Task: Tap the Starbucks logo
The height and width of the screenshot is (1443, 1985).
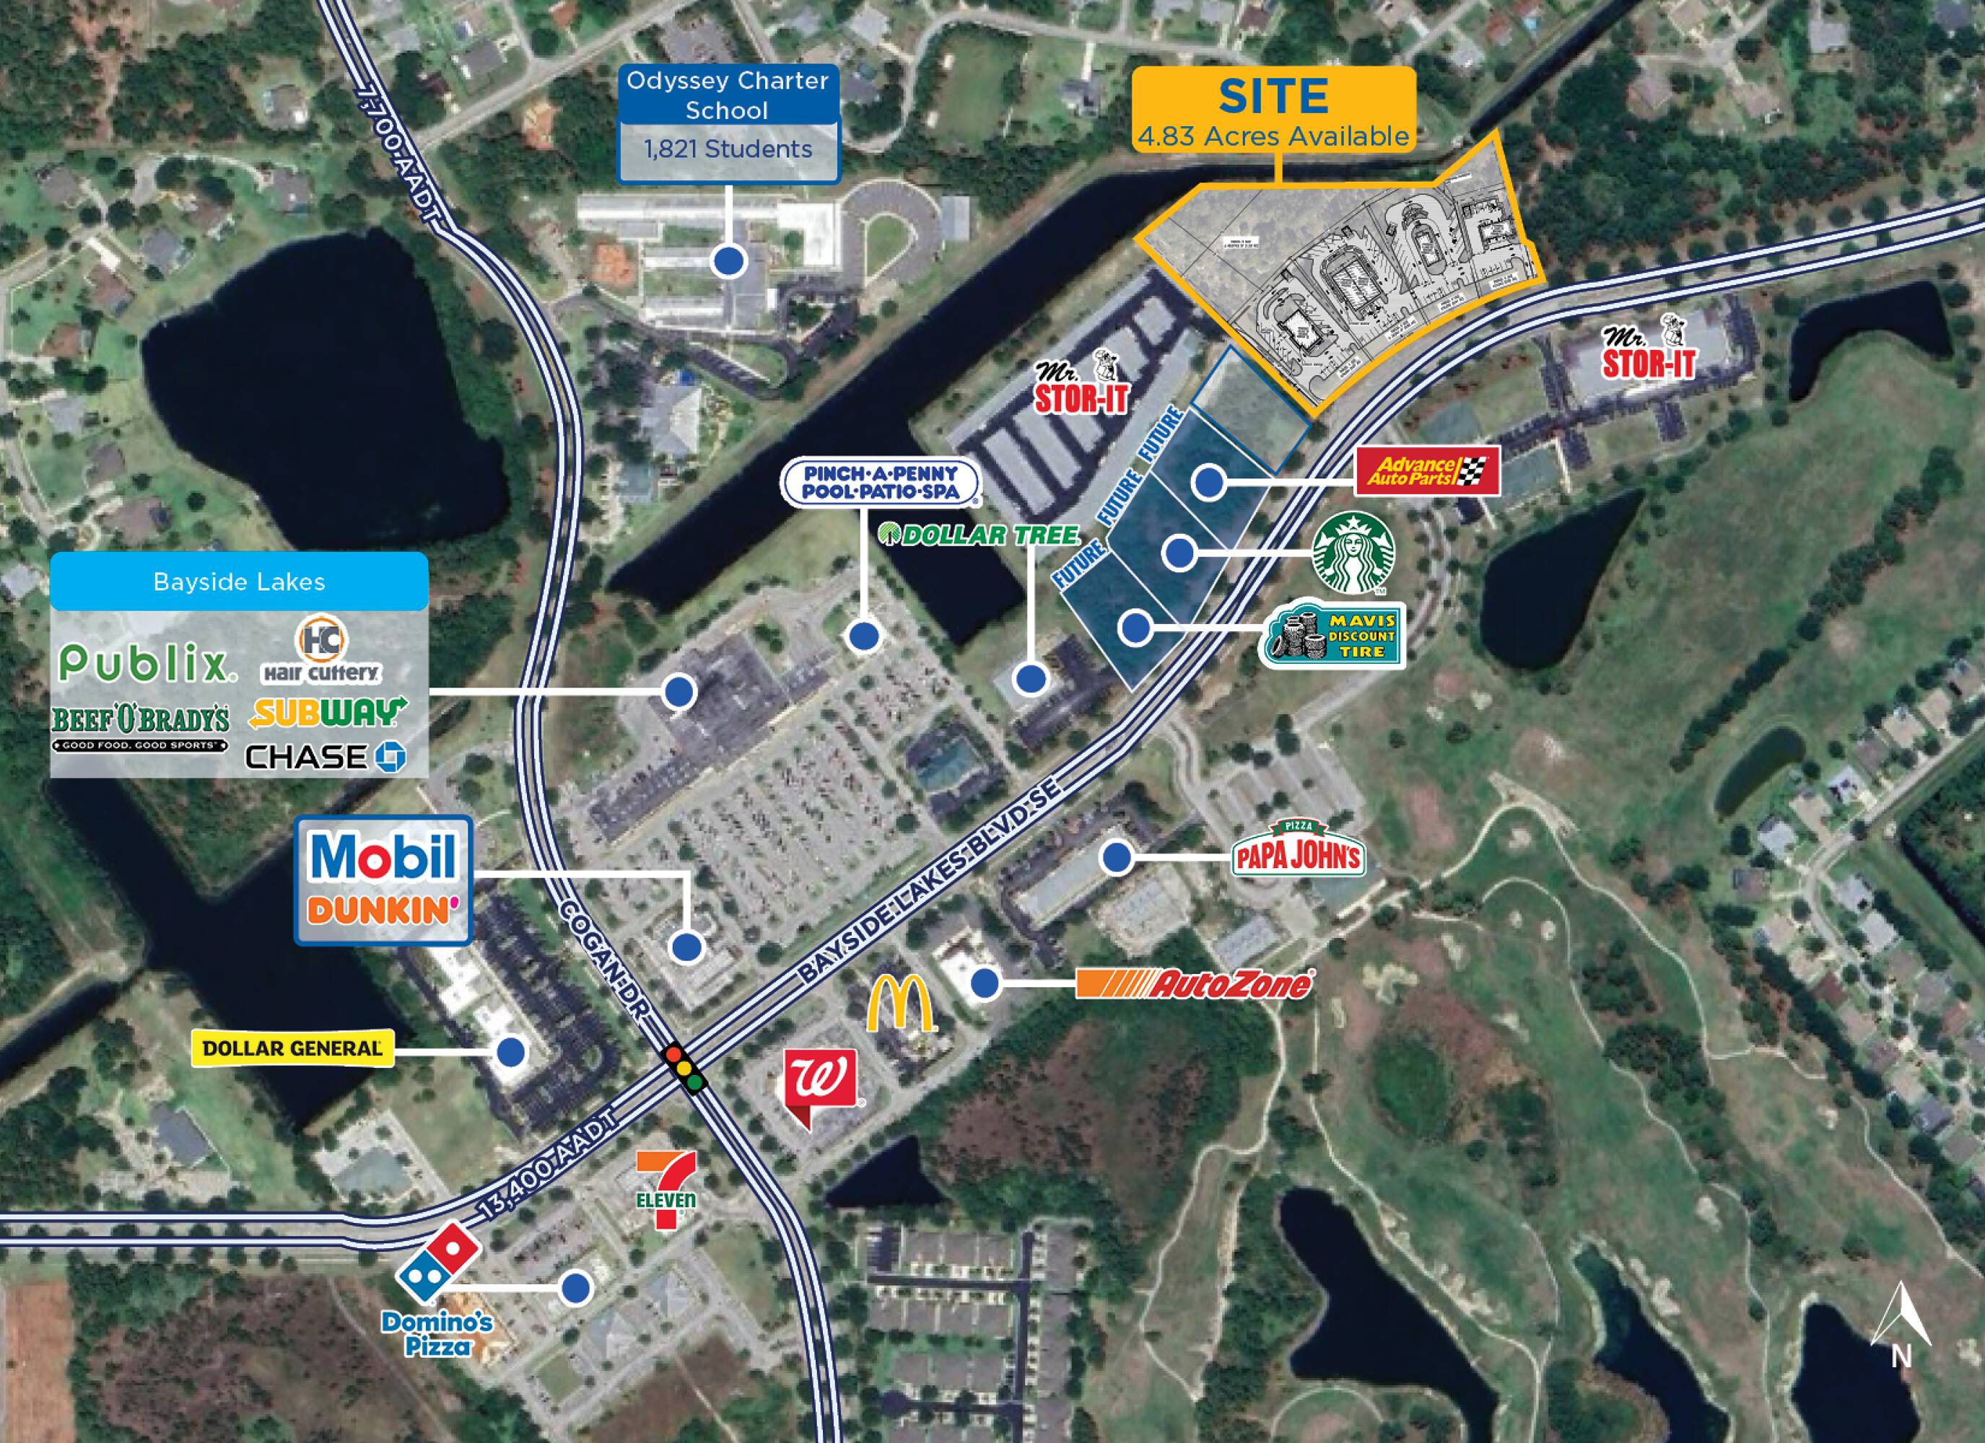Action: (1353, 553)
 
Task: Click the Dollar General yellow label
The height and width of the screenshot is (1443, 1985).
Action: (292, 1048)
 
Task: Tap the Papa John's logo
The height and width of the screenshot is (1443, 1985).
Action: (1297, 851)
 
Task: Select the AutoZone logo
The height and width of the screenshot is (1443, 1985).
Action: (1195, 983)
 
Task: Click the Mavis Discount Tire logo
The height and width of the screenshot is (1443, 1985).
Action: (1332, 634)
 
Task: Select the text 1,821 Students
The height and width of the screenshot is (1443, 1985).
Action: (728, 149)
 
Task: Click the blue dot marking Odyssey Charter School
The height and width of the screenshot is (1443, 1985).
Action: (728, 260)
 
